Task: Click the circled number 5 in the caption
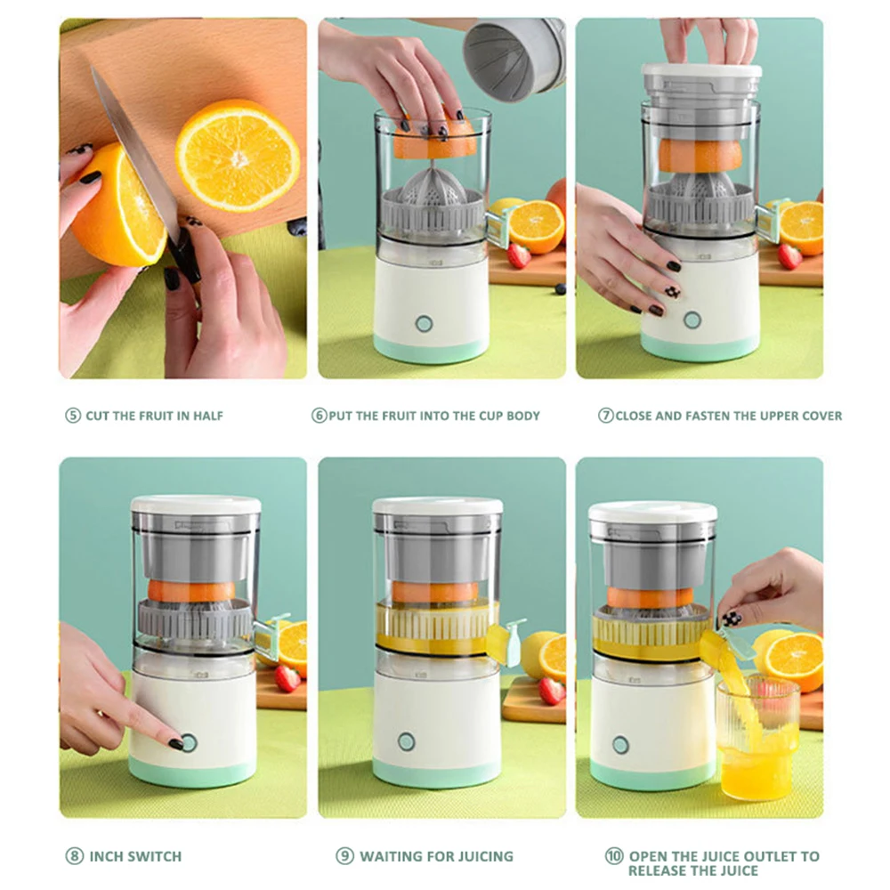[73, 416]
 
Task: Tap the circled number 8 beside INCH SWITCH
[74, 856]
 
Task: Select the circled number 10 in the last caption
[614, 856]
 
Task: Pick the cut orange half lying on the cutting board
[238, 154]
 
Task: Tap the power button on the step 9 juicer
[407, 741]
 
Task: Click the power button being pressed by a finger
[190, 744]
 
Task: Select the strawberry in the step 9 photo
[551, 691]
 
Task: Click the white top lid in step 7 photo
[701, 70]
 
